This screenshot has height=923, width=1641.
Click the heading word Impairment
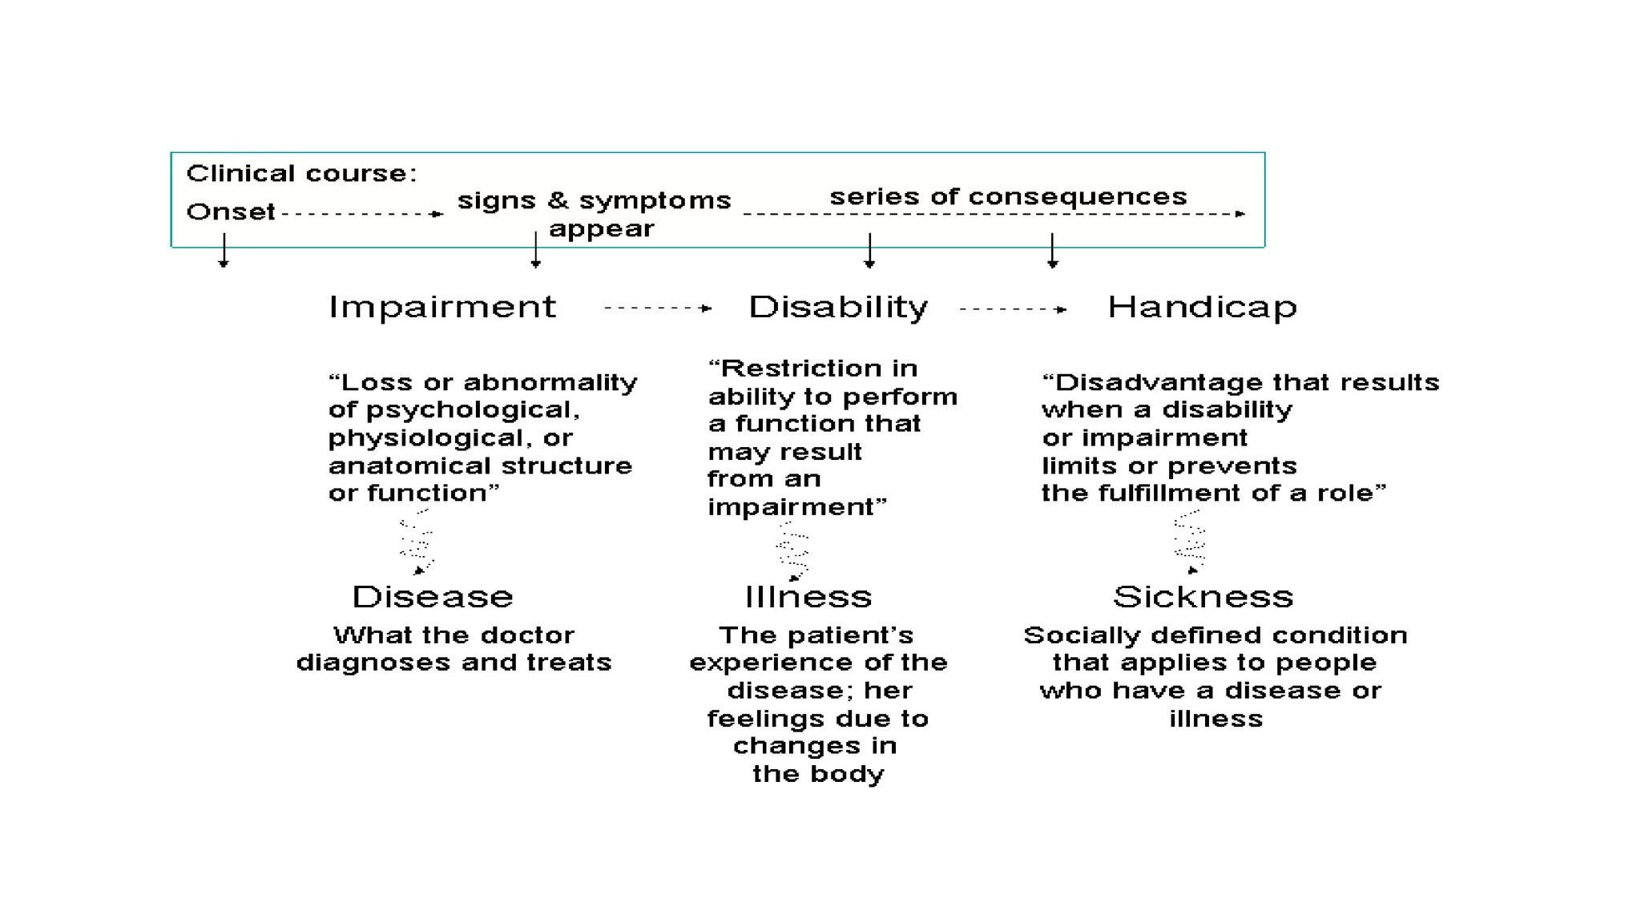(441, 307)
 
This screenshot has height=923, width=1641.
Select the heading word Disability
(837, 307)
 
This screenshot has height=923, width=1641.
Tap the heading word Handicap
(1202, 307)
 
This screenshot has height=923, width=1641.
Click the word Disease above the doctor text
(433, 597)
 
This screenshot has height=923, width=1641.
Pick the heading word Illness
(808, 597)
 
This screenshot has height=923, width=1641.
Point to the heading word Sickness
(1203, 597)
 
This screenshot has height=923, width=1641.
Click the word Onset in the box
(231, 212)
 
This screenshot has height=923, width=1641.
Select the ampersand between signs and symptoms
(558, 200)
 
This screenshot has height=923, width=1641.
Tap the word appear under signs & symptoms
(601, 229)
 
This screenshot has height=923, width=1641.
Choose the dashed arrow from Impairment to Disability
(657, 308)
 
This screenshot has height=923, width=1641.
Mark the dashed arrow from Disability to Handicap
(1013, 308)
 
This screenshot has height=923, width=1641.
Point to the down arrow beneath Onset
(224, 250)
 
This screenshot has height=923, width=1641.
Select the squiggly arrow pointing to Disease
(417, 542)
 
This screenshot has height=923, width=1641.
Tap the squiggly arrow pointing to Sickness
(1190, 542)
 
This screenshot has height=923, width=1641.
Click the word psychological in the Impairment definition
(472, 410)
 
